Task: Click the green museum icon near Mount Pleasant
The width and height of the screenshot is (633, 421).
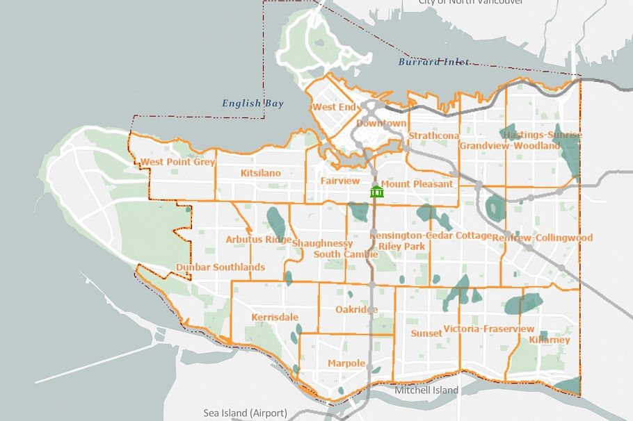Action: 377,191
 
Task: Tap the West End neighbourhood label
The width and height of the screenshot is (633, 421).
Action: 334,107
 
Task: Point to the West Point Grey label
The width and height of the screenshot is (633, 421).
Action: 177,162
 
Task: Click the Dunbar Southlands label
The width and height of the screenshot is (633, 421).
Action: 220,267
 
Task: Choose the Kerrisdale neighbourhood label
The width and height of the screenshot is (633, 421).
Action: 275,317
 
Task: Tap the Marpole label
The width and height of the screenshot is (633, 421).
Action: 346,363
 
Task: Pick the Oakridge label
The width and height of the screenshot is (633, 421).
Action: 356,309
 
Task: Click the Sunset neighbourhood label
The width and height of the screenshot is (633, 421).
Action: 426,333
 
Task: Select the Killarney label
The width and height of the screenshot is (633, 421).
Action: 549,340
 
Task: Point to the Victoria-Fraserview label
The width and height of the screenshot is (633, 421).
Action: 488,329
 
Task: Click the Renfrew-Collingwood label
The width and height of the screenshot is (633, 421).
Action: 543,238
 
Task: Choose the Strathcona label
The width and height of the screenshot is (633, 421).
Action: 434,135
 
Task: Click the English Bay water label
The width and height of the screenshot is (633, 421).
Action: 253,104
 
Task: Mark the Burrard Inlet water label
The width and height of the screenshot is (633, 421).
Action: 433,62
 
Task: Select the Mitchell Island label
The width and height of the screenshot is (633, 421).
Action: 426,390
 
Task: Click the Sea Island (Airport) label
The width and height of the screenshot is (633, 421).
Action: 245,413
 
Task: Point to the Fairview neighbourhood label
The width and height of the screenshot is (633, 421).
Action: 340,181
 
